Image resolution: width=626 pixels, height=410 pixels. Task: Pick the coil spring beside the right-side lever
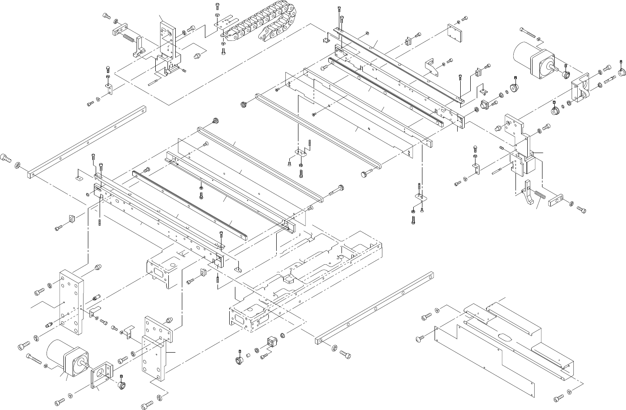540,196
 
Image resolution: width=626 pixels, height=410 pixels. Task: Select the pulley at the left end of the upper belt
244,104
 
